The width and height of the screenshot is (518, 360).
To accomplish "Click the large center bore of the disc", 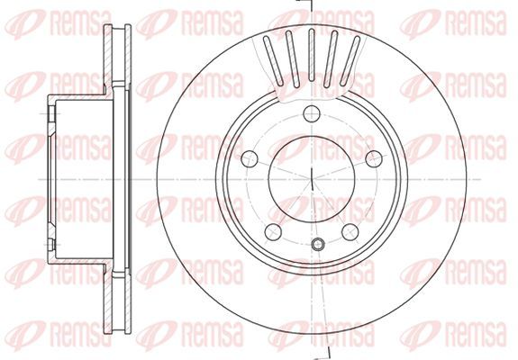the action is click(312, 179).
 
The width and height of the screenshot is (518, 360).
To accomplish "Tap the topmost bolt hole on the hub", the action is click(312, 114).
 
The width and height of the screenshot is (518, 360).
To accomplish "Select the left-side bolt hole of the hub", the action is click(250, 158).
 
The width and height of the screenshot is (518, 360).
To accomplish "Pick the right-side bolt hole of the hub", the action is click(374, 158).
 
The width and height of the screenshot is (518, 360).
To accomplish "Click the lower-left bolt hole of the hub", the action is click(273, 231).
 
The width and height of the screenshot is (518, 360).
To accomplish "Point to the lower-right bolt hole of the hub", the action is click(350, 231).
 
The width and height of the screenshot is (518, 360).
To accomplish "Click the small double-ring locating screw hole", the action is click(317, 244).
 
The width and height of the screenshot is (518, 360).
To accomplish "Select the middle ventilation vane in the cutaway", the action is click(311, 55).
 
